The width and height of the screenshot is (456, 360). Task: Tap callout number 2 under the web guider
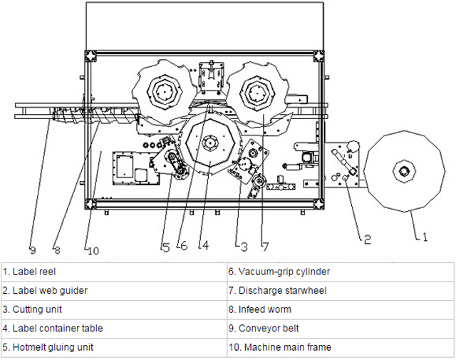[x=368, y=239]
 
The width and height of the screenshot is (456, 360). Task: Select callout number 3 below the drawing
[x=244, y=247]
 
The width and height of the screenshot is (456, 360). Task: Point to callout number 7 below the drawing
[x=264, y=247]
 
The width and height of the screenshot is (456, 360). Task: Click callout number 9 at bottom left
[x=32, y=250]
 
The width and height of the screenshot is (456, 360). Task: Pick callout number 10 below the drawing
[x=93, y=250]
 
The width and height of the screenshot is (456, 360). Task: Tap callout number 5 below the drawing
[x=165, y=247]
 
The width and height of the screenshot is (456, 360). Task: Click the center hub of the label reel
[x=404, y=171]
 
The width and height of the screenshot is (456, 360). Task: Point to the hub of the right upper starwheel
[x=256, y=91]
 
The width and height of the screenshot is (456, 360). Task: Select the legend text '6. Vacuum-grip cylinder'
[x=279, y=272]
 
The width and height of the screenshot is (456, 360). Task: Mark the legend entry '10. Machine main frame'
[x=279, y=348]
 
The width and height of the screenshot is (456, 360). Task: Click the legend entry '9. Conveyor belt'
[x=263, y=329]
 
